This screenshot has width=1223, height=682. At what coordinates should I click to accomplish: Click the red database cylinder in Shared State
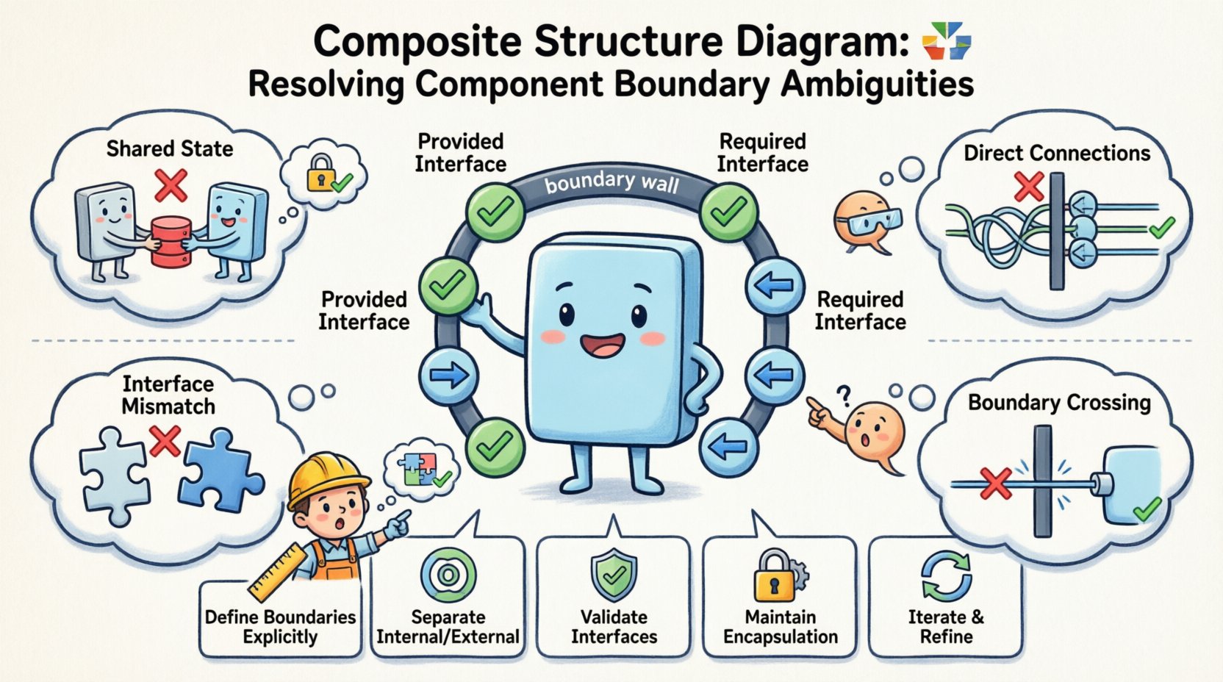[x=171, y=241]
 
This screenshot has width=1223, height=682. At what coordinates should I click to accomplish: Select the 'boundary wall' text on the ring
[x=611, y=182]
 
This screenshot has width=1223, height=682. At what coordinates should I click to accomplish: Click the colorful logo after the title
[x=946, y=40]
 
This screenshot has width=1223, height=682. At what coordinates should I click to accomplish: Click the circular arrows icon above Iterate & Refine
[x=946, y=577]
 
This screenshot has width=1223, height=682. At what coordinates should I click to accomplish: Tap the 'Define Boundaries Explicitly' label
[x=280, y=627]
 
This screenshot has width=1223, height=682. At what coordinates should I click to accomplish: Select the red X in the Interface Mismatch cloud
[x=165, y=440]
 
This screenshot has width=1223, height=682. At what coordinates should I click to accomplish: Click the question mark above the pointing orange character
[x=844, y=398]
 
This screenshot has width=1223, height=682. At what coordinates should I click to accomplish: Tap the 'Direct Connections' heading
[x=1057, y=153]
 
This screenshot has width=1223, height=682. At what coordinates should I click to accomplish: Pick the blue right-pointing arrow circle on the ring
[x=448, y=376]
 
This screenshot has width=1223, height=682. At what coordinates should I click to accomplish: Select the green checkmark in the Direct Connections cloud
[x=1161, y=228]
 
